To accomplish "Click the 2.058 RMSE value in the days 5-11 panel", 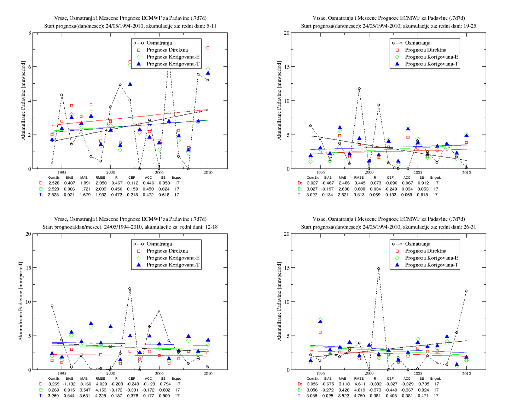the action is tap(101, 183).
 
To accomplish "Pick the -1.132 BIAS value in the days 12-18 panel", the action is tap(69, 384).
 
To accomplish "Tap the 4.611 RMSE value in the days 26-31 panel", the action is tap(359, 384).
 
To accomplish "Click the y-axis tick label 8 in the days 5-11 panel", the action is tap(29, 33).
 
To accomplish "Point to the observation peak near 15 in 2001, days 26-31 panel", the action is tap(378, 269).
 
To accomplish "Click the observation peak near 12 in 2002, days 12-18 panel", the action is tap(130, 289).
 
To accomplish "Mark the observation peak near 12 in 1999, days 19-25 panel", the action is tap(359, 89).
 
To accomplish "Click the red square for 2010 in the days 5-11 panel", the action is tap(208, 48).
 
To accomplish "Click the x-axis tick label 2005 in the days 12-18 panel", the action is tap(159, 373).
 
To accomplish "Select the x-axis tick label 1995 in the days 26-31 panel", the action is tap(320, 373).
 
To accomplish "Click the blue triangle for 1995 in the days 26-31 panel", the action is tap(320, 321).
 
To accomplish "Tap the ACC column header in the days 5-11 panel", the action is tap(148, 177).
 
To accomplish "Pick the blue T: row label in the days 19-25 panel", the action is tap(300, 195).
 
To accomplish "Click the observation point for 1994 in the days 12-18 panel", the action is tap(52, 306).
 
